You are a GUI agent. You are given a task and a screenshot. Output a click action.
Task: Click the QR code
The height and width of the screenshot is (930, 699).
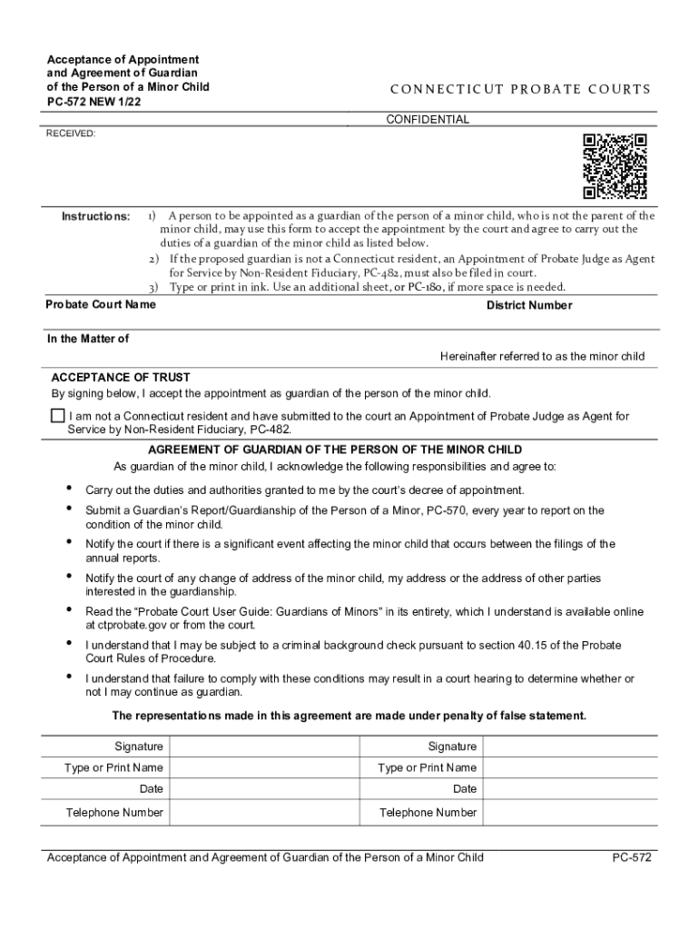615,166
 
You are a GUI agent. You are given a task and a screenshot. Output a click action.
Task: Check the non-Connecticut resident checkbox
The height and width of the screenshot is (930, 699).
58,416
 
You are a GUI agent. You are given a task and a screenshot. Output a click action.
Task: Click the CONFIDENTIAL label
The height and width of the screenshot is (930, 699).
428,120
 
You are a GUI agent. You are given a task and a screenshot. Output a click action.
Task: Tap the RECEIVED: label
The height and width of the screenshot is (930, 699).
71,134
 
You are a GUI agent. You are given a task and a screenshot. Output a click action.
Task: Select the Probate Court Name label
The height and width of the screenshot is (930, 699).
101,304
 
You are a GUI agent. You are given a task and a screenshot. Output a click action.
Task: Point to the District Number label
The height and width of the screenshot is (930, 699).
529,305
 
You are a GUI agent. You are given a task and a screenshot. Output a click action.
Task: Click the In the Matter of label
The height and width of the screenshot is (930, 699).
88,339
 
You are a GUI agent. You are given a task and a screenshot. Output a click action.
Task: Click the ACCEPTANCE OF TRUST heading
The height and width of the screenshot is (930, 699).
121,377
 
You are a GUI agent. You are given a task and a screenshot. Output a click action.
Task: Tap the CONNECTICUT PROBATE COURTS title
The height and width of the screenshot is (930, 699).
520,89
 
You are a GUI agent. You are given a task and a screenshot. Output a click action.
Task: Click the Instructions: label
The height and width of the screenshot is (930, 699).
95,216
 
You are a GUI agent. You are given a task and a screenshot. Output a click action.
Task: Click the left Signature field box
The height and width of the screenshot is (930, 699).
264,747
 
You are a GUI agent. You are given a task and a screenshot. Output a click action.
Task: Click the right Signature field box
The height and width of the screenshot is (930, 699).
571,747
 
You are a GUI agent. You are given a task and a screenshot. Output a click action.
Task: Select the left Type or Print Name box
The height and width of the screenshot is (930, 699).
264,768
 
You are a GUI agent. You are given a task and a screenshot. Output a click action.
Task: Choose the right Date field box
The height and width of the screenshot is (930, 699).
571,789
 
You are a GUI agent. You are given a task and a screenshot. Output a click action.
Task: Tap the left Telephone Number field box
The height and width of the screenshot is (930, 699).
264,812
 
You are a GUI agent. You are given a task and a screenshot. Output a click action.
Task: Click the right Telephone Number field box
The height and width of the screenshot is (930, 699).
571,812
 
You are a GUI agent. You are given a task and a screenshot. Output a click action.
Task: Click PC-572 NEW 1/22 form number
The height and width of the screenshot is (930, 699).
95,103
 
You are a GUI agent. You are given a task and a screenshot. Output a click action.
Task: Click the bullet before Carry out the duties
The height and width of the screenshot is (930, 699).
69,490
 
